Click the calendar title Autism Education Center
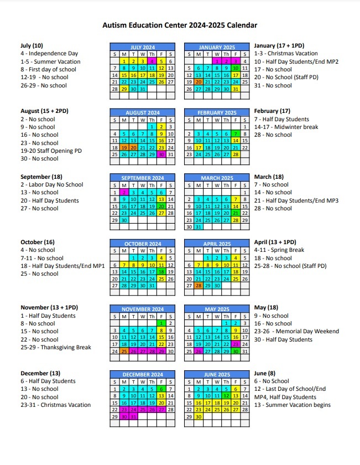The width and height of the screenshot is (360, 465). point(180,25)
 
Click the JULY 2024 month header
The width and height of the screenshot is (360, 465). point(143,48)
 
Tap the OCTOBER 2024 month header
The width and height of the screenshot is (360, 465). point(143,244)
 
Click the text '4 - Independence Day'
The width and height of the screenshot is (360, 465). point(49,54)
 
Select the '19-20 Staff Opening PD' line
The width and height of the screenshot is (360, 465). point(51,151)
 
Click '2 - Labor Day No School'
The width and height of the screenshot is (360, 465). point(52,185)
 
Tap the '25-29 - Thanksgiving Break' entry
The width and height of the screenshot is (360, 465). point(55,347)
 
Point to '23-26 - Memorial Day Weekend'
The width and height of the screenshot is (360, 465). point(296,332)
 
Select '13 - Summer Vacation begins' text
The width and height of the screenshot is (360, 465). point(292,405)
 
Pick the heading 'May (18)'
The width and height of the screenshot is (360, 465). point(266,308)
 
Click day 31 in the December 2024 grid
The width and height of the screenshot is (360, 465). point(133,416)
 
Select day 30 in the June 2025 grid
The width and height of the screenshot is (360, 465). point(198,416)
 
